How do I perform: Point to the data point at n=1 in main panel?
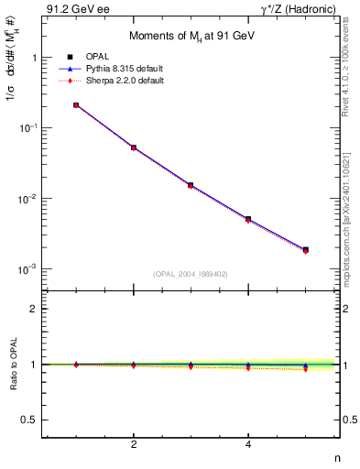coord(76,105)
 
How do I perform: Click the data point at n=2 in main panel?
coord(134,147)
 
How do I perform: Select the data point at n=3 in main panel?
coord(191,185)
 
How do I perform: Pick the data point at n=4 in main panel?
coord(248,220)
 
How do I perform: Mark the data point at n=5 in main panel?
coord(305,249)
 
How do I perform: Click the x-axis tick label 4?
coord(248,444)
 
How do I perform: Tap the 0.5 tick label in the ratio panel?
coord(29,420)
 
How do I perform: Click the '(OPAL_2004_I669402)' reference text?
coord(191,273)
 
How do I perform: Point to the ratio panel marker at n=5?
coord(305,367)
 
